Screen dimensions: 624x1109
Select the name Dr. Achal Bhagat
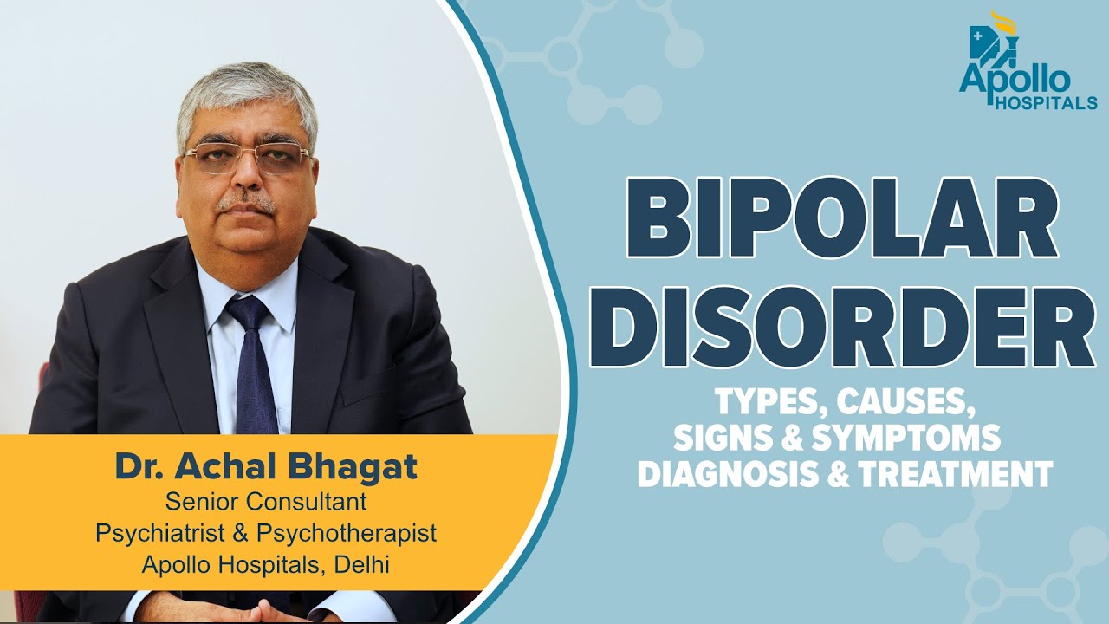[266, 467]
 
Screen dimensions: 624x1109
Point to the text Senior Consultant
[266, 501]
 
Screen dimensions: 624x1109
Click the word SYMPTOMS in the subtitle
[918, 438]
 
